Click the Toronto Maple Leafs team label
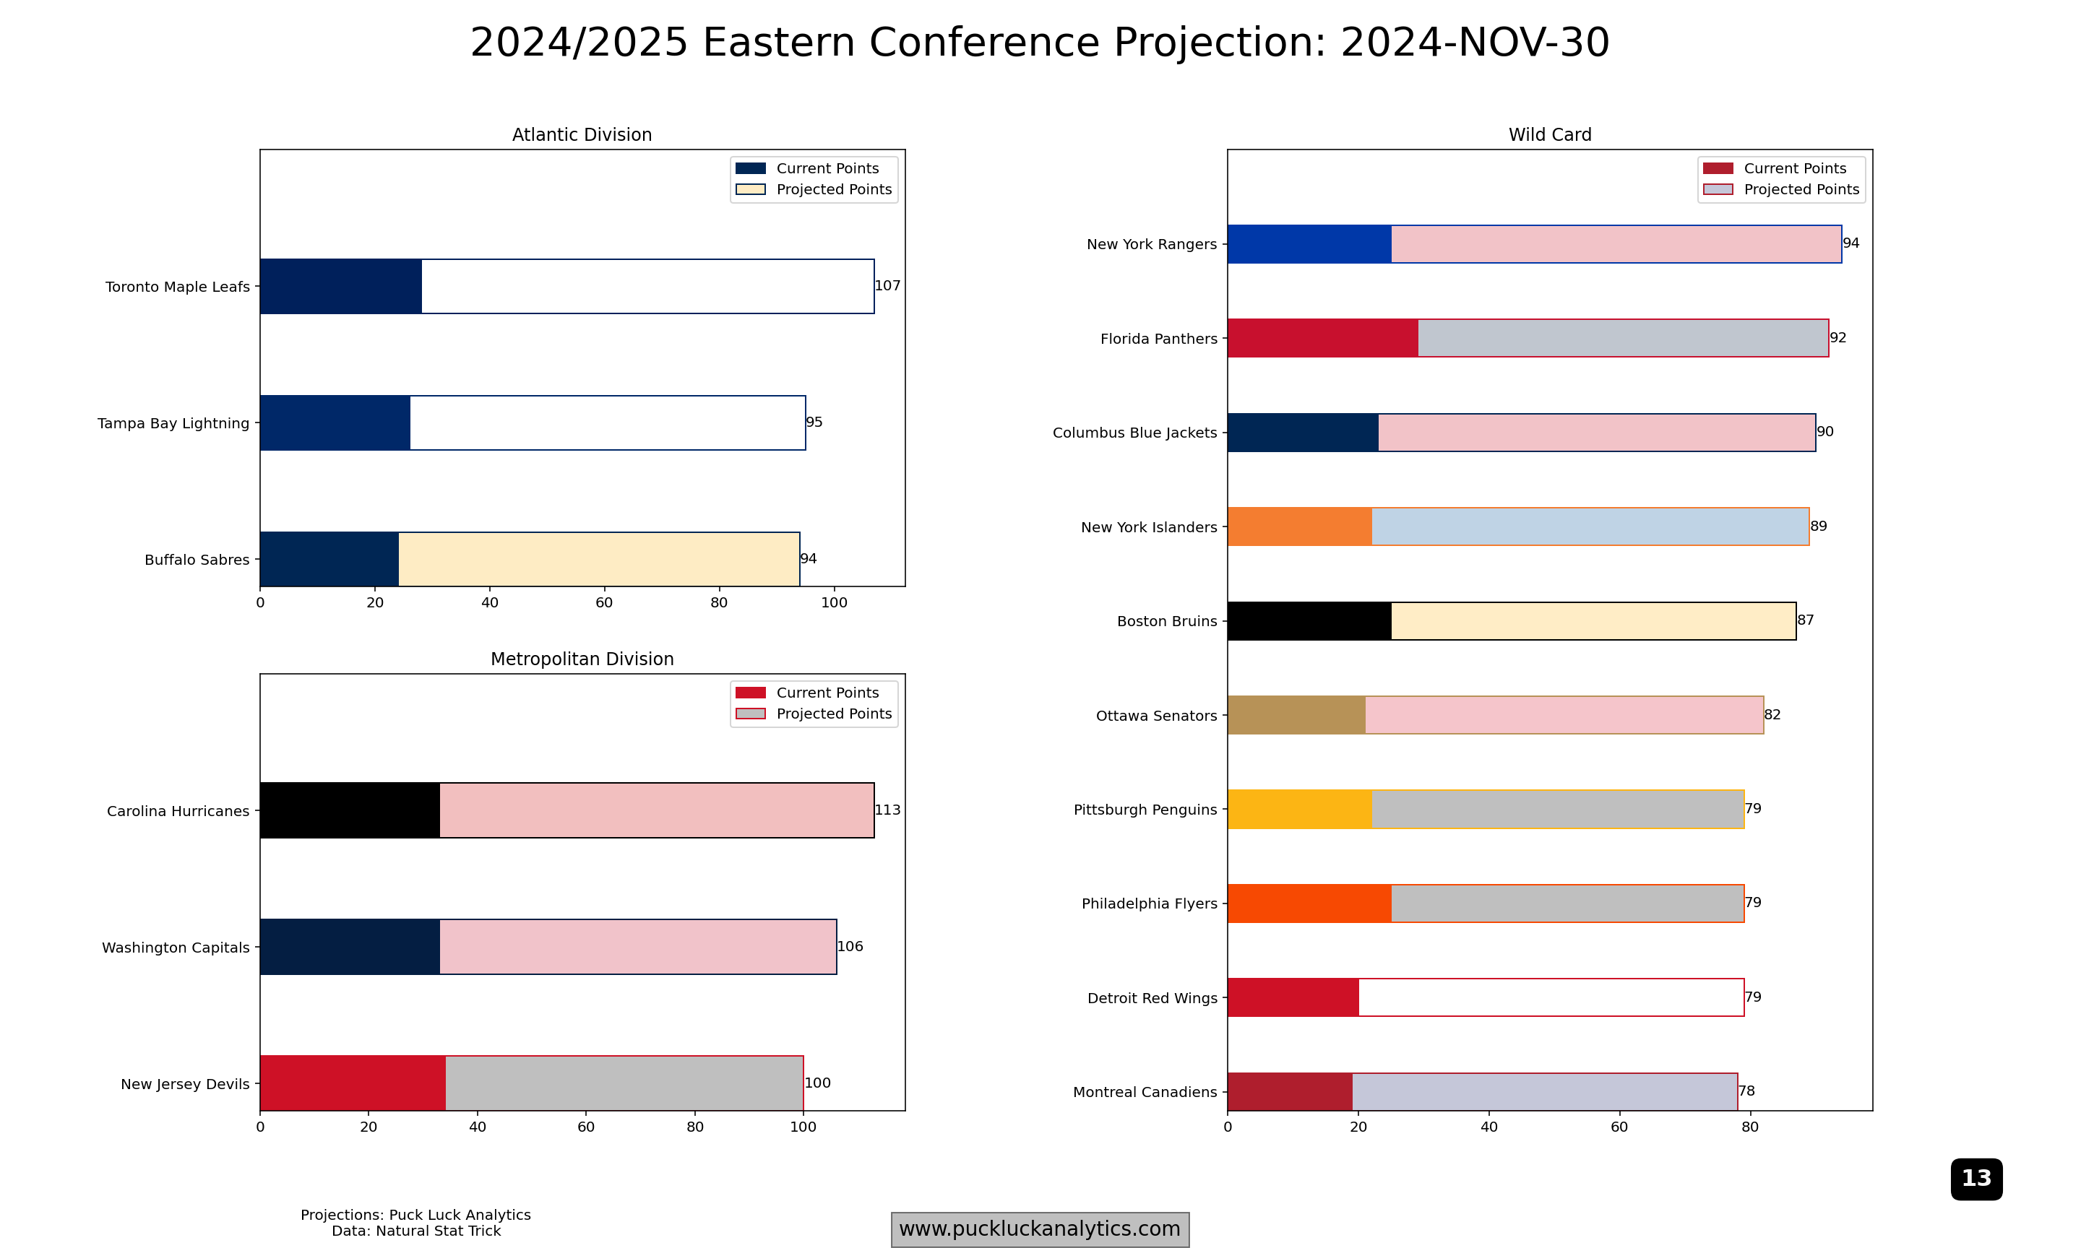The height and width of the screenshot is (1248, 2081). (178, 287)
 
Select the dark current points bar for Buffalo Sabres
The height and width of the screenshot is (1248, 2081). (329, 559)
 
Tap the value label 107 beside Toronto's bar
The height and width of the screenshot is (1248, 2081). (887, 286)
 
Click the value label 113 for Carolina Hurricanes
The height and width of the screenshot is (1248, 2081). (887, 810)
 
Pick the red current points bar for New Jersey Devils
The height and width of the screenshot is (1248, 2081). (353, 1083)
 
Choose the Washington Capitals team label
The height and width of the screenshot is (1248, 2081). (176, 948)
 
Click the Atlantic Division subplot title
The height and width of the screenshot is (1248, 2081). (582, 134)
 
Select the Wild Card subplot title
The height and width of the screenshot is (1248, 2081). (1549, 134)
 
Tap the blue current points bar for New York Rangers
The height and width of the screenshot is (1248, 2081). (1309, 244)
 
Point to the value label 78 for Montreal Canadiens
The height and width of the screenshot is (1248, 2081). (1746, 1091)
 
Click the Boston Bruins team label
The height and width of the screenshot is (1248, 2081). (1167, 622)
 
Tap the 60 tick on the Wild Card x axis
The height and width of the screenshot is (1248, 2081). (1619, 1127)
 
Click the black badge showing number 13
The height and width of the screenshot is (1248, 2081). (1976, 1178)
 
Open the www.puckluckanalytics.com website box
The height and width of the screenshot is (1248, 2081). (1040, 1228)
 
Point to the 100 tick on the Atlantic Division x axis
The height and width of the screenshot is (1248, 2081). (834, 603)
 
